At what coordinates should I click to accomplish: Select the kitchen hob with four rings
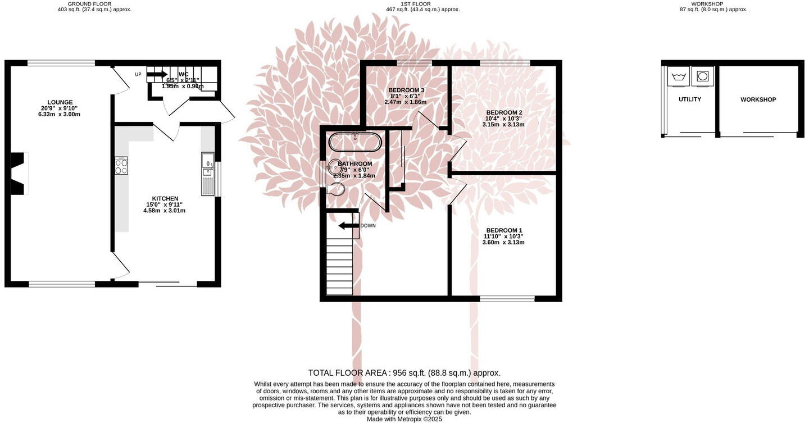pos(121,165)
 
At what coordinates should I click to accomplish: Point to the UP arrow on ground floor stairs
pos(157,74)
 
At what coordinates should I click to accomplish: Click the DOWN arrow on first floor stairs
pos(349,226)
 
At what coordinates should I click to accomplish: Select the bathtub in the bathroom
pos(355,142)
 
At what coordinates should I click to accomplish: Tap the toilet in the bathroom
pos(336,190)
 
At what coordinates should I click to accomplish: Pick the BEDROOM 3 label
pos(406,90)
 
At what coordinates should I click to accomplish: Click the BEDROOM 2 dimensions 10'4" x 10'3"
pos(503,119)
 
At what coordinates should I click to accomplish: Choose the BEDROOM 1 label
pos(504,230)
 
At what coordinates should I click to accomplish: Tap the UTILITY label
pos(689,99)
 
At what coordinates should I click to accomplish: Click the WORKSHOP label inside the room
pos(758,99)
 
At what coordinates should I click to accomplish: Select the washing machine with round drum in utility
pos(702,76)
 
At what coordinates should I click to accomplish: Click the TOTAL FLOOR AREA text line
pos(404,372)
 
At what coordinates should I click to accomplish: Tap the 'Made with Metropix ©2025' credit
pos(404,419)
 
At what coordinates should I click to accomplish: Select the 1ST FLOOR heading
pos(416,4)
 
